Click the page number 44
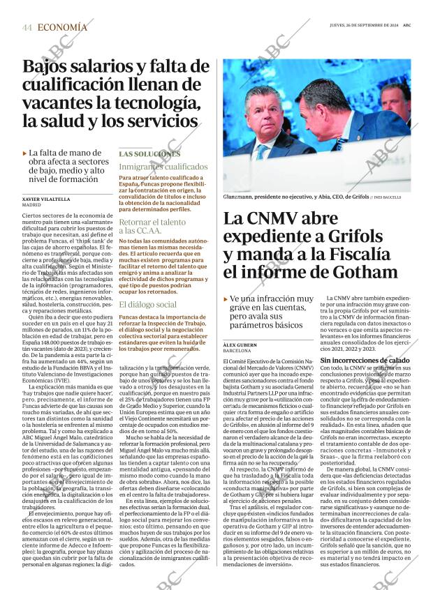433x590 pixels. pyautogui.click(x=27, y=27)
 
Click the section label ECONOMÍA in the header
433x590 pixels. pyautogui.click(x=63, y=27)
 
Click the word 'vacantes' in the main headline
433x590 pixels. pyautogui.click(x=59, y=103)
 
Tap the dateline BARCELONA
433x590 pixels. pyautogui.click(x=237, y=351)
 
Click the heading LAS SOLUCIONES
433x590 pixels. pyautogui.click(x=149, y=153)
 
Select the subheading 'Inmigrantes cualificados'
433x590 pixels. pyautogui.click(x=163, y=167)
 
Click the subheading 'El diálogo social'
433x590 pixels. pyautogui.click(x=147, y=305)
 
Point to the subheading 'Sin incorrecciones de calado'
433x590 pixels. pyautogui.click(x=369, y=360)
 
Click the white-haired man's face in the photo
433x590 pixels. pyautogui.click(x=263, y=110)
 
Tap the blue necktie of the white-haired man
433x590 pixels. pyautogui.click(x=262, y=151)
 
